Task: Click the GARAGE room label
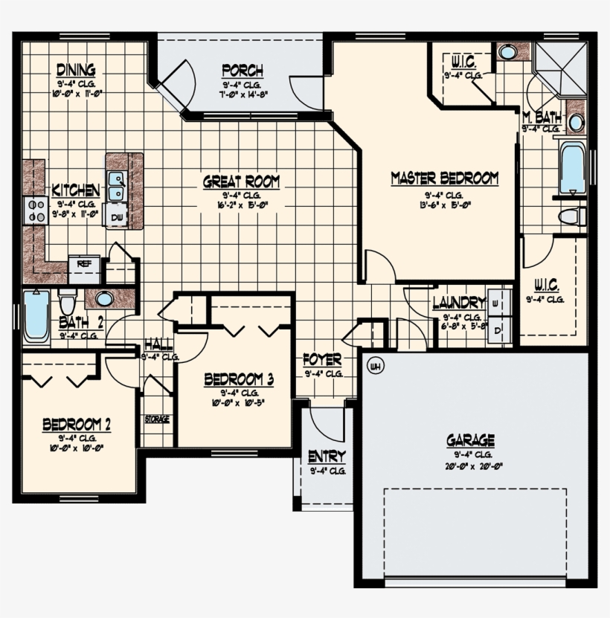point(470,440)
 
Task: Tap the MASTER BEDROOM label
point(444,178)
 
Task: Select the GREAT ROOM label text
point(242,181)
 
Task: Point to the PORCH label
point(242,71)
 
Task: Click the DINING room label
point(76,71)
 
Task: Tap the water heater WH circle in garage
point(375,366)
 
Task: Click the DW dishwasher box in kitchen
point(117,216)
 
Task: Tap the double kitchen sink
point(116,186)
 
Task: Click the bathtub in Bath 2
point(36,316)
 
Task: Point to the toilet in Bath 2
point(68,303)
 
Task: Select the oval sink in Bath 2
point(104,299)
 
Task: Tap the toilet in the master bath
point(571,216)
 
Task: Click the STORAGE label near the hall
point(156,419)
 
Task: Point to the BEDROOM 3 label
point(240,380)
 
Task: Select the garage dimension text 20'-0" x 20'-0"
point(470,466)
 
